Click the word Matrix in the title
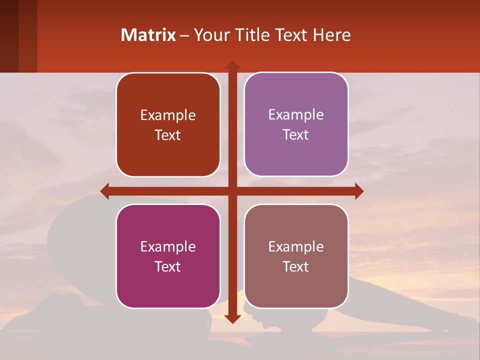click(x=148, y=35)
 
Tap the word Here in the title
click(x=331, y=35)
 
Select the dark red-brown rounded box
click(x=168, y=125)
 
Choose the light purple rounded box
click(x=296, y=124)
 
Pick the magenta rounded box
click(x=168, y=256)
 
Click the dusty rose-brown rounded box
click(x=296, y=256)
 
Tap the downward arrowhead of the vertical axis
click(x=232, y=318)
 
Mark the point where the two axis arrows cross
click(x=232, y=191)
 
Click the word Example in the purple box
click(x=296, y=115)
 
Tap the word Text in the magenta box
click(x=168, y=266)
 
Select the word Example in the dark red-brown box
click(x=168, y=115)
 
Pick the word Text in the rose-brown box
click(x=296, y=266)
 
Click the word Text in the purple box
click(x=296, y=135)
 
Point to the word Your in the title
click(x=210, y=35)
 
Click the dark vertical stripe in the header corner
click(x=9, y=36)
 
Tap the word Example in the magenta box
click(x=168, y=246)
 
